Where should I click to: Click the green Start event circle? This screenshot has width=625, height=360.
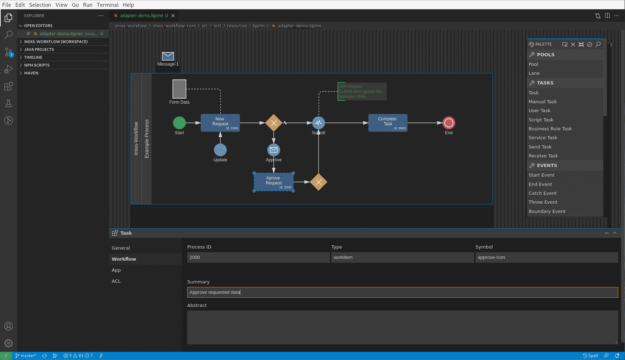pos(179,123)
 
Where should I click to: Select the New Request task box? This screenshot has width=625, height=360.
pos(220,123)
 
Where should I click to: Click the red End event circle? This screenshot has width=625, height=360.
pos(449,123)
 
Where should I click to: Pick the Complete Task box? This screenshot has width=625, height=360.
pos(388,123)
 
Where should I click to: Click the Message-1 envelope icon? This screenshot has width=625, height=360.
pos(168,56)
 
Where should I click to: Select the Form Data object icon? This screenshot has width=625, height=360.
pos(179,89)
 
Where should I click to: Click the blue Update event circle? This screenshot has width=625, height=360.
pos(220,150)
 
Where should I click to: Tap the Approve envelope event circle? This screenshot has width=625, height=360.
pos(274,150)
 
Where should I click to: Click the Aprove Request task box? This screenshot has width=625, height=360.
pos(273,182)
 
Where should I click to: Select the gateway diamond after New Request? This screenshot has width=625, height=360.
pos(274,123)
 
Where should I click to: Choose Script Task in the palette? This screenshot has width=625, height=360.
pos(541,120)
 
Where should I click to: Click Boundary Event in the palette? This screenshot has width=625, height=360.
pos(547,211)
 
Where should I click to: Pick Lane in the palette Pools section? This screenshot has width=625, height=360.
pos(534,73)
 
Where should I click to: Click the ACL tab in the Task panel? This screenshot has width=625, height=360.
pos(116,281)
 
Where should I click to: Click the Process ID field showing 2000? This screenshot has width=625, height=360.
pos(258,257)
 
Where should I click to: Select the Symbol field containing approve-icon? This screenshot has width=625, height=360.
pos(546,257)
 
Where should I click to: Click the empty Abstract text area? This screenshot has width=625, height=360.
pos(402,327)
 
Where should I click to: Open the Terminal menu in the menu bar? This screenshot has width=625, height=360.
pos(107,5)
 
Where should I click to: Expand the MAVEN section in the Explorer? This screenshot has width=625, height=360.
pos(31,73)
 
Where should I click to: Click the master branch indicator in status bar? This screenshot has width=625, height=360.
pos(26,356)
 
